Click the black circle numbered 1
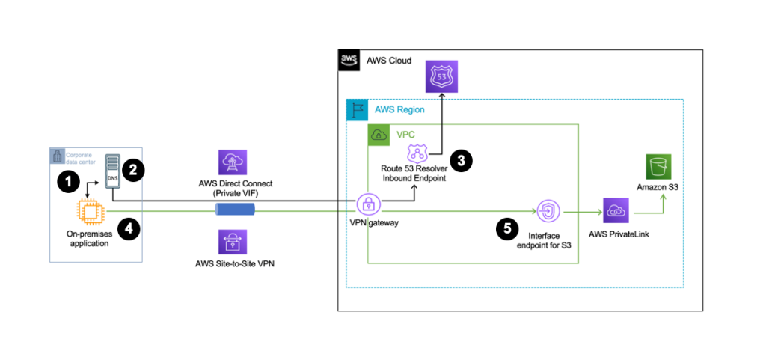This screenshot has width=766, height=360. tap(69, 180)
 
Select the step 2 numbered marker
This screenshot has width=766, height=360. tap(133, 170)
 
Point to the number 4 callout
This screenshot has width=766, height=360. tap(129, 230)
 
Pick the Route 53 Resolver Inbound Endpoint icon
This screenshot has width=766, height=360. tap(416, 156)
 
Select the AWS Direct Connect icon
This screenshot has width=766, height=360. tap(230, 162)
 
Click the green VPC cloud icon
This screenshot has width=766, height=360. tap(379, 135)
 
